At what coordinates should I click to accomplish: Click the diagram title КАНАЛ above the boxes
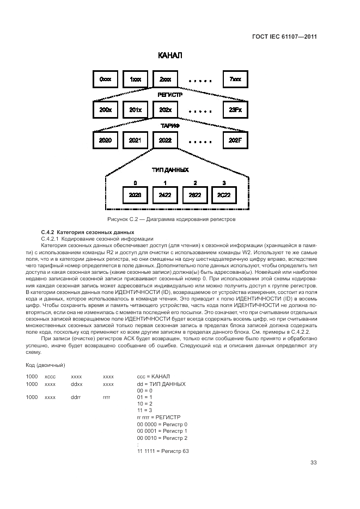pos(170,56)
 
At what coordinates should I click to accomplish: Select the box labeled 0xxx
pos(105,79)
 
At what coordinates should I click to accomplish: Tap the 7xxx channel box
pos(235,79)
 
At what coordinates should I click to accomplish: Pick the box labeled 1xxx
pos(135,79)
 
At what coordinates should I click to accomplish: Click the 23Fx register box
pos(235,110)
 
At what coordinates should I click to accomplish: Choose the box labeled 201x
pos(135,110)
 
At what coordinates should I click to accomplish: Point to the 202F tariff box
pos(235,140)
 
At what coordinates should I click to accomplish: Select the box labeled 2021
pos(135,140)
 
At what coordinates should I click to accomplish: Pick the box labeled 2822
pos(194,194)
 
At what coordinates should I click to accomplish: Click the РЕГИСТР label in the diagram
pos(170,95)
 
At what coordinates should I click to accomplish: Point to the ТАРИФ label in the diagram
pos(170,126)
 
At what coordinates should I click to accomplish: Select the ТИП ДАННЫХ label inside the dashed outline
pos(170,169)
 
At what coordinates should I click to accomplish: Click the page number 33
pos(313,463)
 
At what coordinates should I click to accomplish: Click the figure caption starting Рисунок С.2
pos(171,219)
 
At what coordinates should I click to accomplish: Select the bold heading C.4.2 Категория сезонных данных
pos(76,232)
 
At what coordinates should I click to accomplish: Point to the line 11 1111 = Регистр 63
pos(163,451)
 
